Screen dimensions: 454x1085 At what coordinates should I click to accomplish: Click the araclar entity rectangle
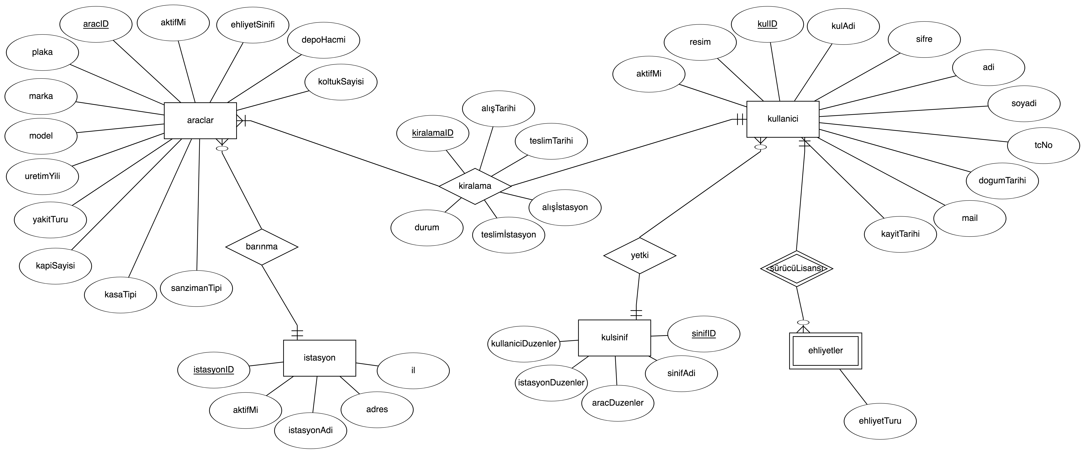coord(200,120)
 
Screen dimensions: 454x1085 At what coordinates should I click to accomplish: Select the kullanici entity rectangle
coord(783,119)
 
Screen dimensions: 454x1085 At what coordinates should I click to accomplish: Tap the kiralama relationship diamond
coord(475,186)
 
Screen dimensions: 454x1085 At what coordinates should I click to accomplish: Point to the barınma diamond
coord(261,246)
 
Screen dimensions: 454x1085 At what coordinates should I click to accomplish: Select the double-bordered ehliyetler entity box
coord(825,350)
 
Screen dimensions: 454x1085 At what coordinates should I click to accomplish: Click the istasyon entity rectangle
coord(319,358)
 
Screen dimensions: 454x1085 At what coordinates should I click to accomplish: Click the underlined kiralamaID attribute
coord(433,133)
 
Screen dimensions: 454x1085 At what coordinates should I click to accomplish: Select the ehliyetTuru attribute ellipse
coord(880,421)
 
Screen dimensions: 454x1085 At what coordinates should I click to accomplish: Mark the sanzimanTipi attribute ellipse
coord(196,288)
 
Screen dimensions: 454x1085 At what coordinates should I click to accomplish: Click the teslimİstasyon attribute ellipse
coord(508,235)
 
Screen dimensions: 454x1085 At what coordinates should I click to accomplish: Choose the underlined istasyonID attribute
coord(214,370)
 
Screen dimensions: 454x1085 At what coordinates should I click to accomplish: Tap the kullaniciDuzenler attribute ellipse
coord(524,344)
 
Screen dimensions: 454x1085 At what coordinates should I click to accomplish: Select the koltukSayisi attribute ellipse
coord(341,82)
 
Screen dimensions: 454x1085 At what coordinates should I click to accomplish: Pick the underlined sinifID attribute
coord(703,334)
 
